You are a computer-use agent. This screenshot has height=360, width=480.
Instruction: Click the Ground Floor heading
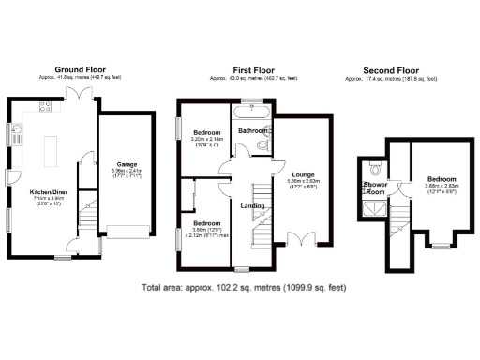click(x=80, y=69)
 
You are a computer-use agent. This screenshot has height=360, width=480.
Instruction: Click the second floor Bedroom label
click(x=442, y=178)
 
